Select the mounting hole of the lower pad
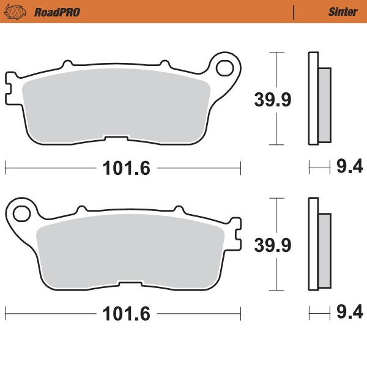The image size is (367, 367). pyautogui.click(x=21, y=214)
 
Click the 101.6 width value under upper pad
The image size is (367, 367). pyautogui.click(x=124, y=167)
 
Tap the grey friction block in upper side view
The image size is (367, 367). pyautogui.click(x=324, y=104)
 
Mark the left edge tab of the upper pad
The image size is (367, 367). pyautogui.click(x=10, y=85)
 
